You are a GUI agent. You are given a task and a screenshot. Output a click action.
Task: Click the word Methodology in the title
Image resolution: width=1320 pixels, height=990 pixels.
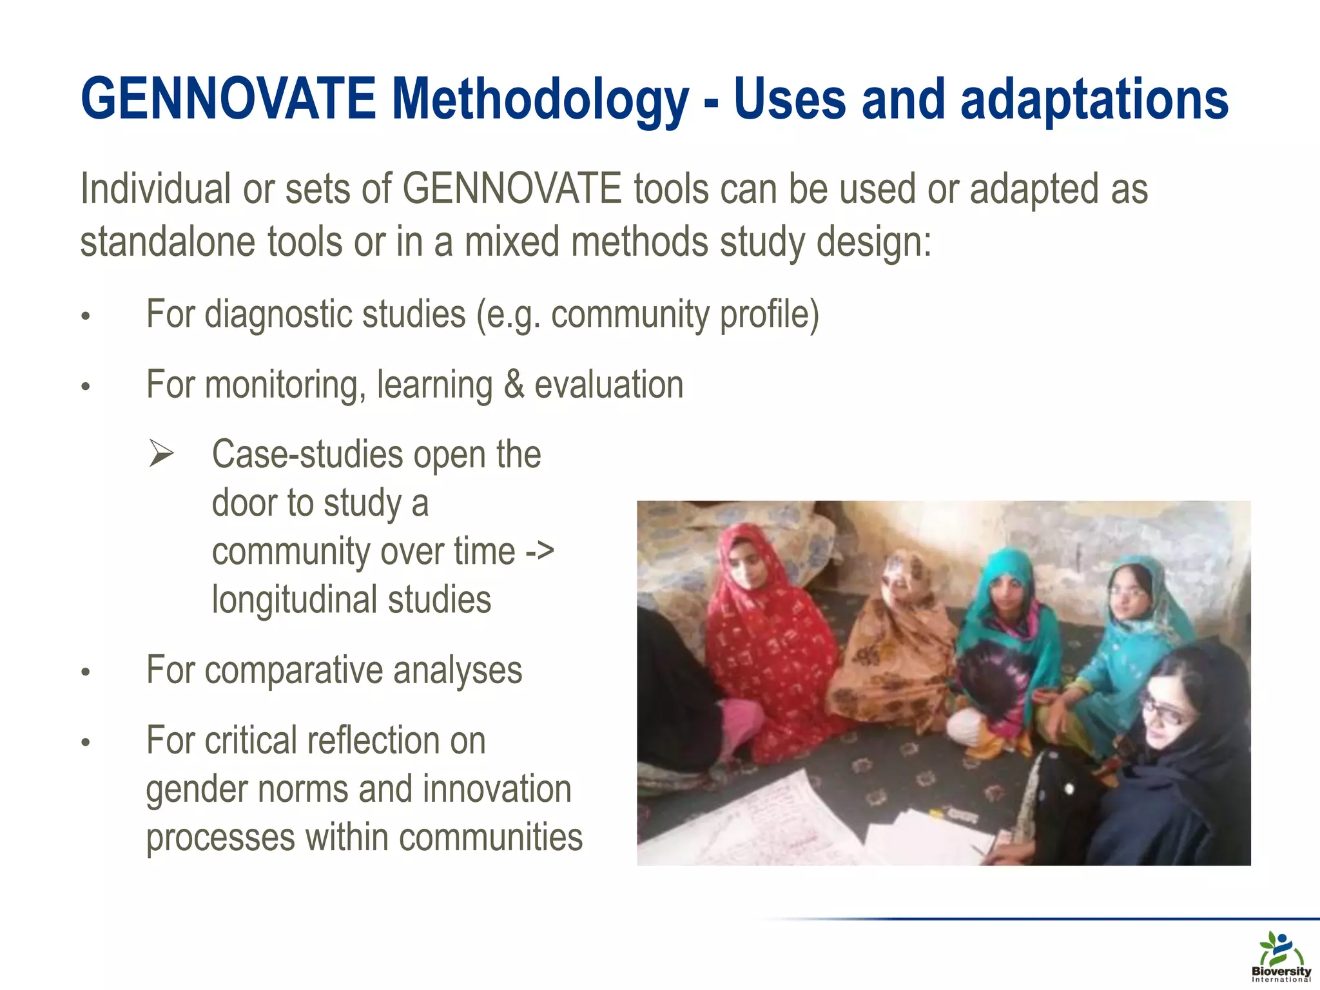click(x=540, y=100)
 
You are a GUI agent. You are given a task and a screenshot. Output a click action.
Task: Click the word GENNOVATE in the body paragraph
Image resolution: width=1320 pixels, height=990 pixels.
click(x=512, y=189)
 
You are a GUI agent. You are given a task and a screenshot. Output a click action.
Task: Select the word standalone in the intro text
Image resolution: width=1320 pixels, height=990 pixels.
click(x=168, y=242)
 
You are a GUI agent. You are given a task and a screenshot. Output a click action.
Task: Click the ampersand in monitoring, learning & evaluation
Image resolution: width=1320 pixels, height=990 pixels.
click(x=514, y=385)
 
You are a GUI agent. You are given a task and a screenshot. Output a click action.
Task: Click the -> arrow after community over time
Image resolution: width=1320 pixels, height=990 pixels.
click(x=539, y=551)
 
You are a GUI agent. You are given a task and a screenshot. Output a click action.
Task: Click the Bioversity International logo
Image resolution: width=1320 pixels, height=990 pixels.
click(x=1281, y=956)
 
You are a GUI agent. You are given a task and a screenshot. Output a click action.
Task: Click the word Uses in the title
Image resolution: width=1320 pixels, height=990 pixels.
click(x=790, y=100)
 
